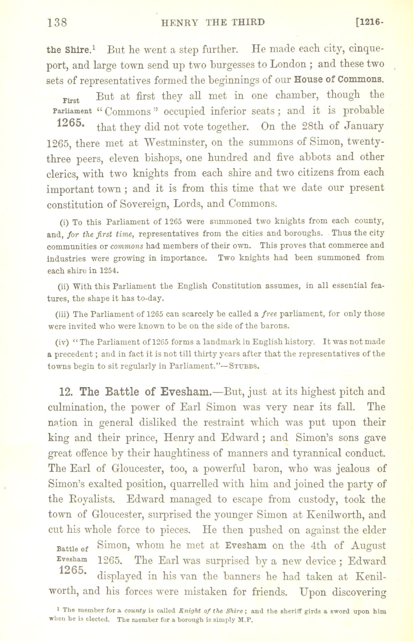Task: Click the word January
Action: pyautogui.click(x=364, y=127)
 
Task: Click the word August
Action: pyautogui.click(x=368, y=545)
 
